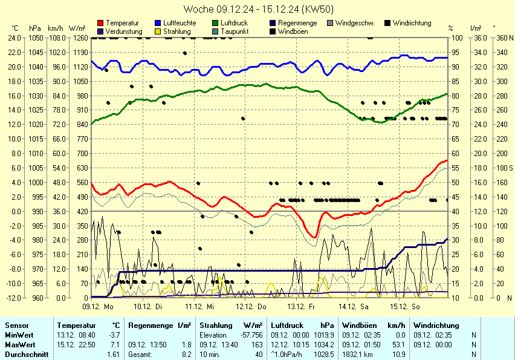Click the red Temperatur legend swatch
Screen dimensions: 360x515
pyautogui.click(x=100, y=23)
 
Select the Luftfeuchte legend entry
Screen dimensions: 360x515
pyautogui.click(x=175, y=23)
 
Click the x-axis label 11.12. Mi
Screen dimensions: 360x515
pyautogui.click(x=199, y=307)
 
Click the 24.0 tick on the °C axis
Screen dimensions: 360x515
pyautogui.click(x=15, y=38)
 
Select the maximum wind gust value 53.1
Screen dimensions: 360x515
pyautogui.click(x=399, y=344)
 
